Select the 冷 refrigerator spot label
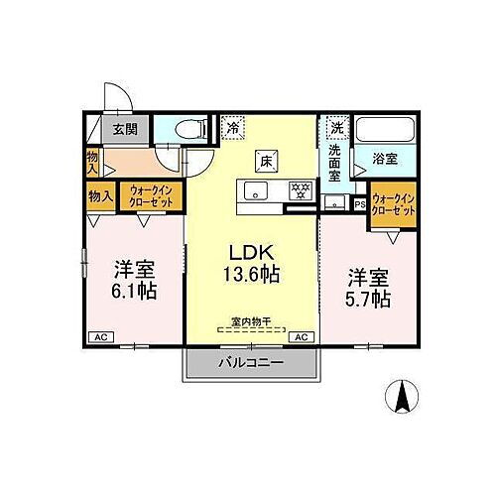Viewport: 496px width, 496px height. tap(233, 127)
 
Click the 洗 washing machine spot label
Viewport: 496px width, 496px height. tap(336, 127)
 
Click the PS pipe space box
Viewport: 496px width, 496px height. tap(359, 205)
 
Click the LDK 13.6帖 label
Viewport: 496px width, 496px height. tap(249, 260)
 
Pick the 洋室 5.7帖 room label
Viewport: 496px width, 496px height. tap(368, 285)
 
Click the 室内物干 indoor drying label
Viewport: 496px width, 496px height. tap(250, 321)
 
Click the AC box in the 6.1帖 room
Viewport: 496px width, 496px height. tap(99, 338)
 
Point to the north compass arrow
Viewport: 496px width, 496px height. tap(404, 399)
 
